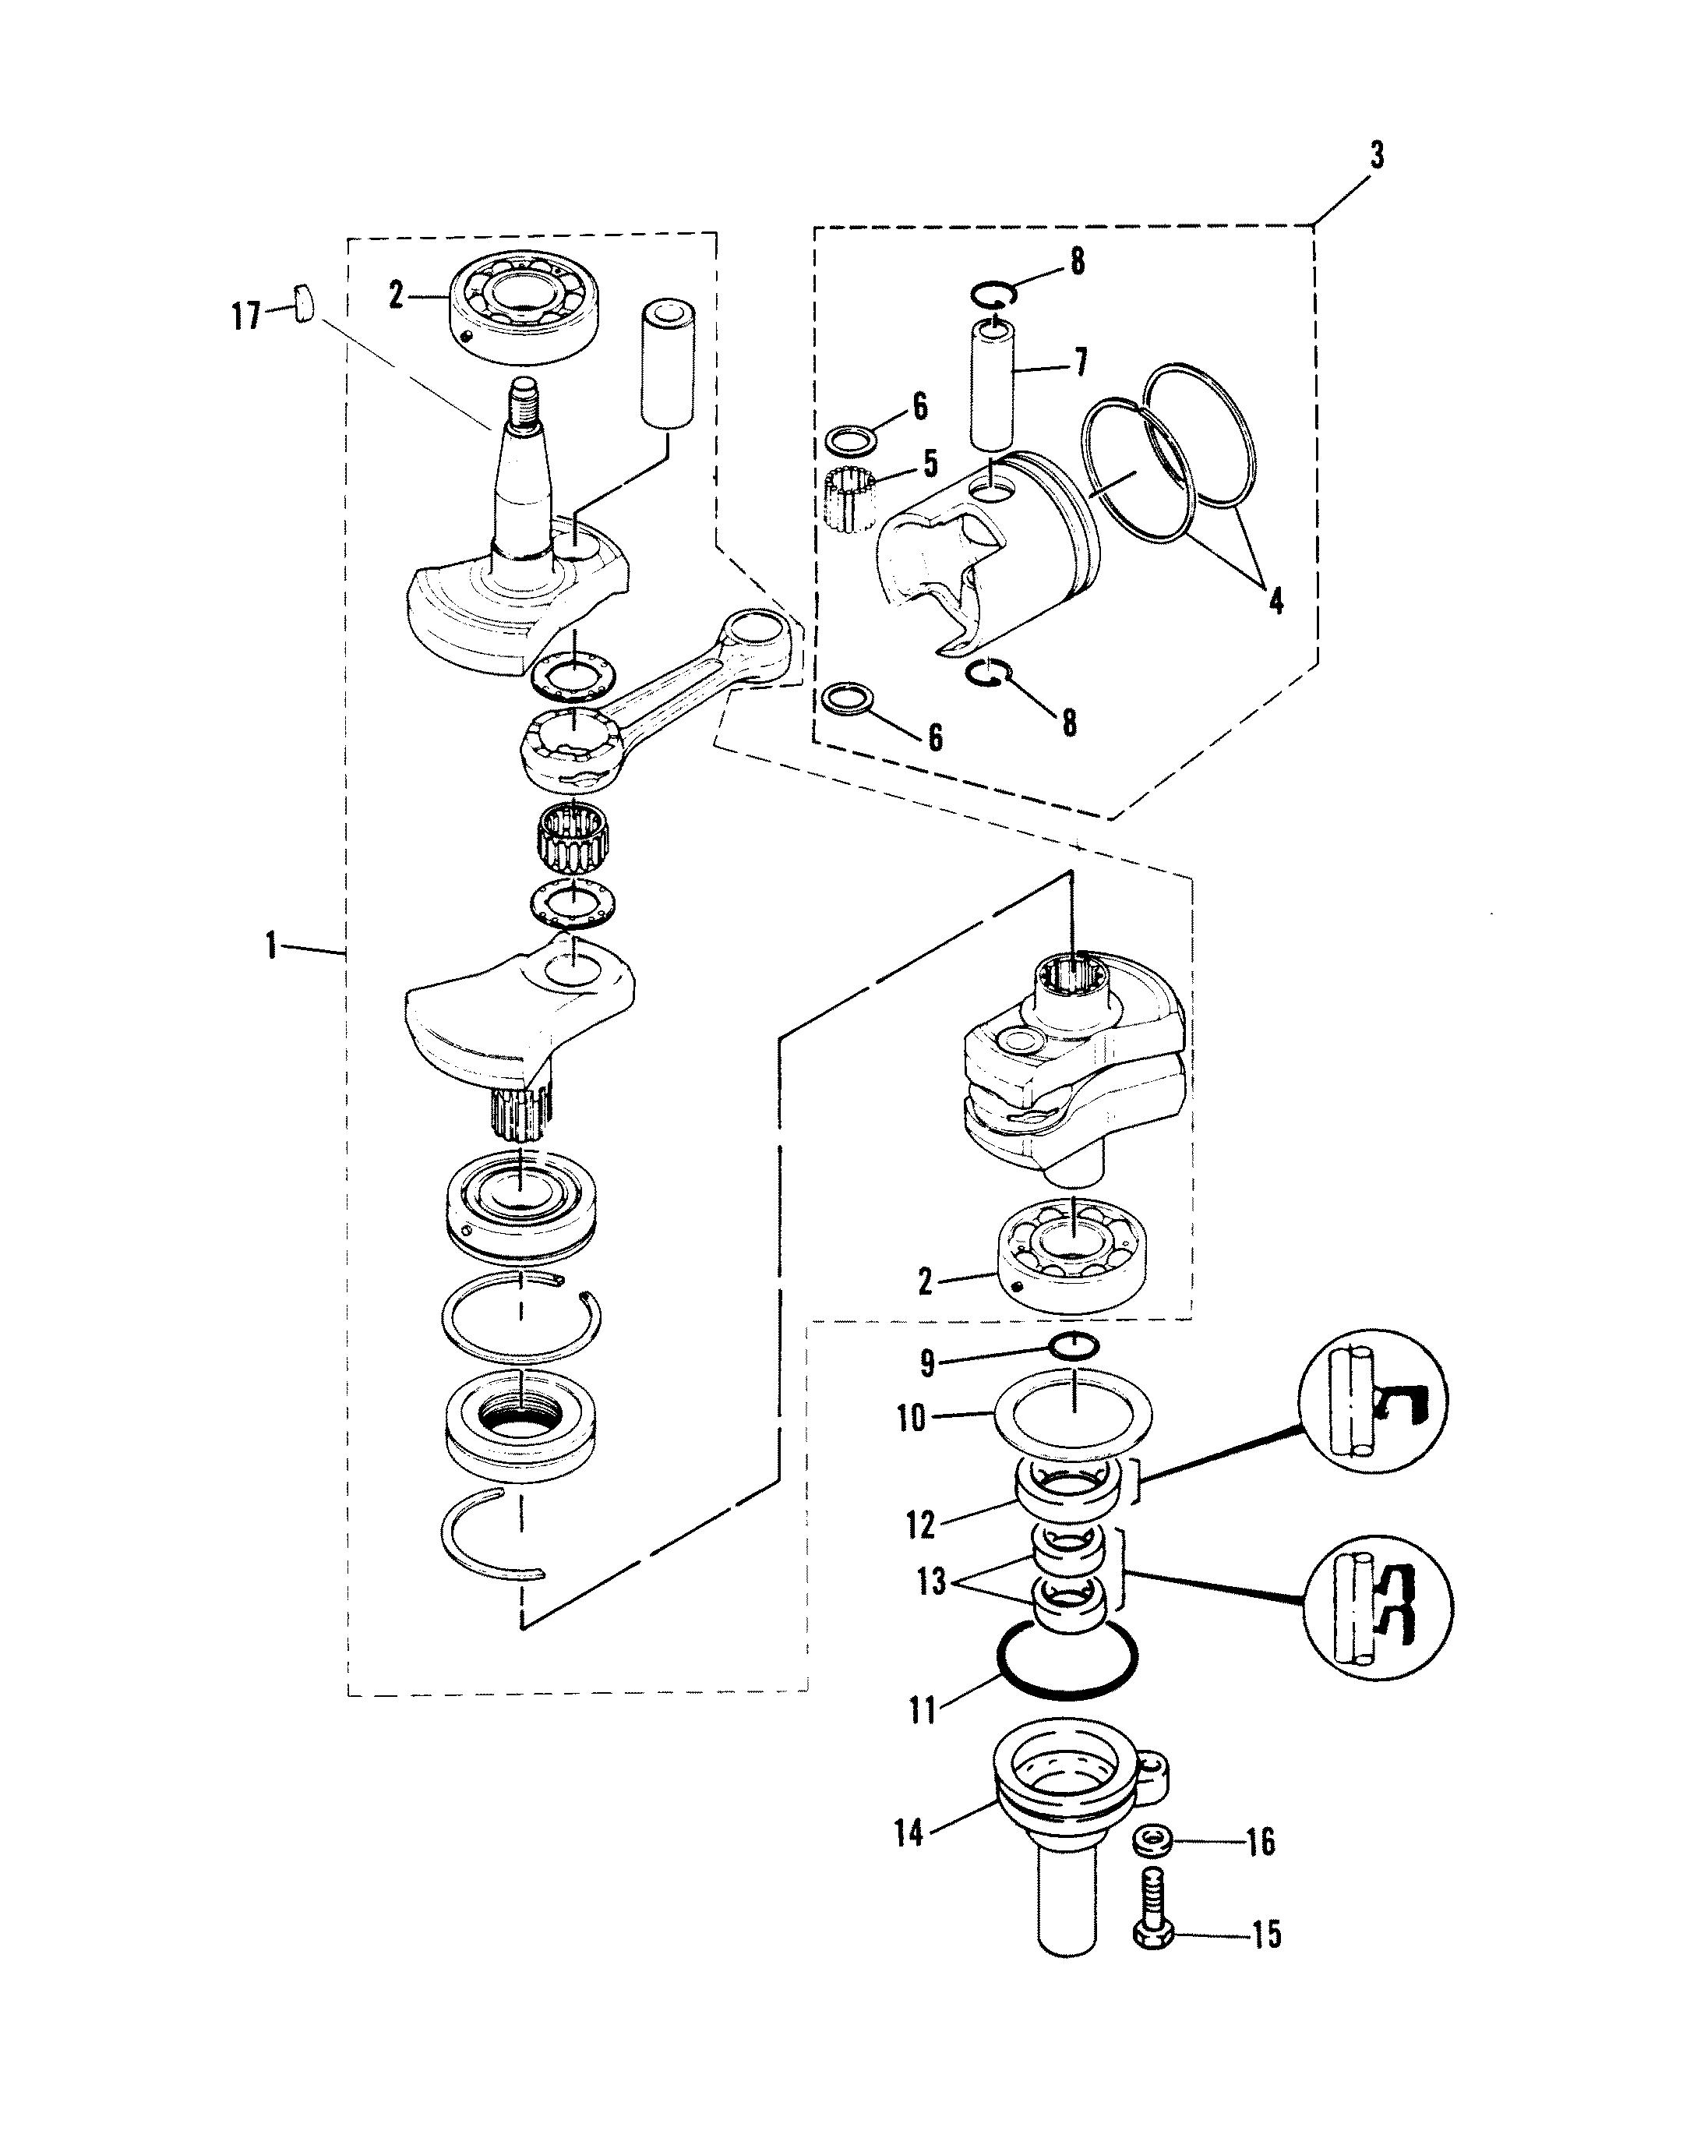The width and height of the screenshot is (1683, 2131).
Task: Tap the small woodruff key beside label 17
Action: pos(304,302)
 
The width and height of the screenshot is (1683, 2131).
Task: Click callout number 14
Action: pos(908,1833)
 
